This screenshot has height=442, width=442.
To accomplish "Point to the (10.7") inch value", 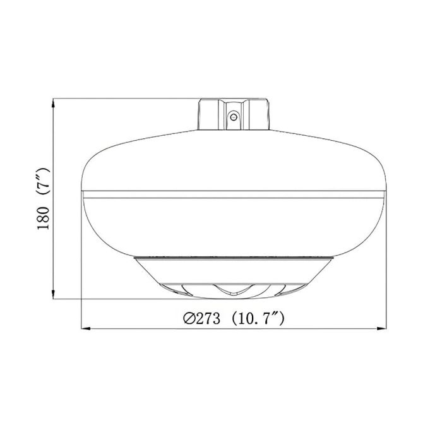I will pyautogui.click(x=259, y=319).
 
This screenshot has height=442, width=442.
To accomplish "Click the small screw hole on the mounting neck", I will pyautogui.click(x=233, y=116).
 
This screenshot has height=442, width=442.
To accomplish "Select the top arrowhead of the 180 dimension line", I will pyautogui.click(x=54, y=101).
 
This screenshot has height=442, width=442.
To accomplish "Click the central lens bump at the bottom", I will pyautogui.click(x=233, y=290).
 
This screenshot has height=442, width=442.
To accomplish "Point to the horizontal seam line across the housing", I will pyautogui.click(x=234, y=190).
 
